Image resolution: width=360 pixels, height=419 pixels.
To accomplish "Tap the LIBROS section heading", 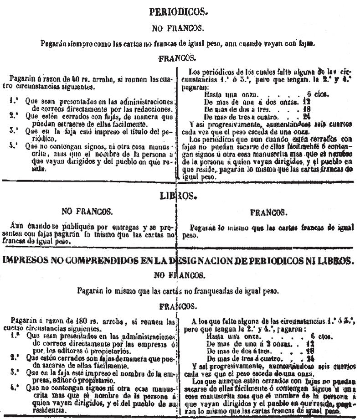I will click(176, 196).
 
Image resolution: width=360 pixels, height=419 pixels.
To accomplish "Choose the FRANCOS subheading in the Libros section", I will click(268, 212).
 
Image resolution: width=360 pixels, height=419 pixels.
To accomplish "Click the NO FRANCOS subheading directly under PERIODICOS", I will click(177, 28).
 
